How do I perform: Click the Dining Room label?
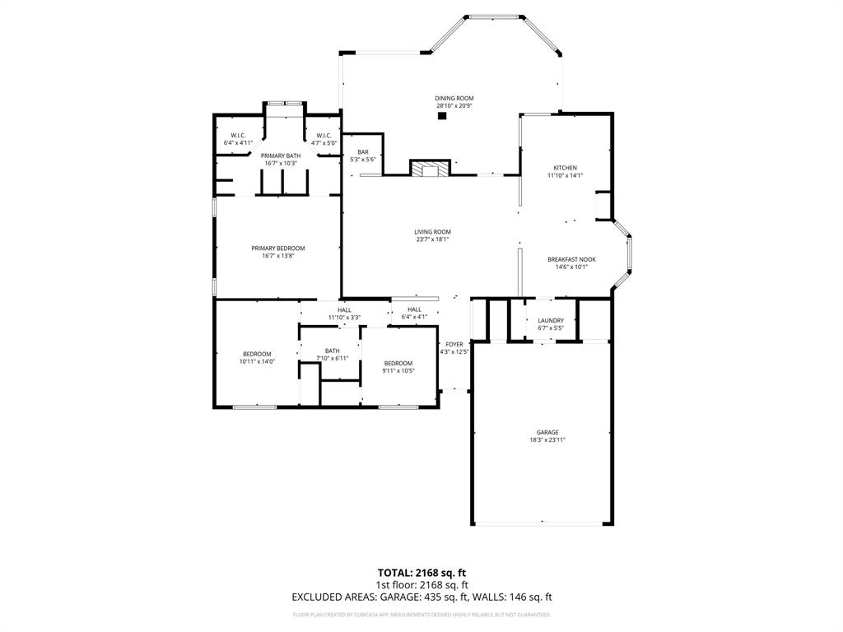pyautogui.click(x=454, y=99)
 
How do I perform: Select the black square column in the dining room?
pyautogui.click(x=442, y=116)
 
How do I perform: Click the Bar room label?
pyautogui.click(x=362, y=151)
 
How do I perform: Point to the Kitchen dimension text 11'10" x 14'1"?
pyautogui.click(x=566, y=175)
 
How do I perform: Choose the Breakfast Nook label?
pyautogui.click(x=571, y=259)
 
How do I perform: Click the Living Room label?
pyautogui.click(x=432, y=232)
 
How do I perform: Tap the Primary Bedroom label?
pyautogui.click(x=278, y=249)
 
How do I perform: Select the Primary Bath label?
pyautogui.click(x=281, y=156)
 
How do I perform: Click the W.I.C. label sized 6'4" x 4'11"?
pyautogui.click(x=238, y=136)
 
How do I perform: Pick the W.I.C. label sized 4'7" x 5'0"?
pyautogui.click(x=324, y=136)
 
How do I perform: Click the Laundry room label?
pyautogui.click(x=551, y=320)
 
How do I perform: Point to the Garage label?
pyautogui.click(x=547, y=432)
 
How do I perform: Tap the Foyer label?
pyautogui.click(x=454, y=344)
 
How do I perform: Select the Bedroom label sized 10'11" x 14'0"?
pyautogui.click(x=257, y=354)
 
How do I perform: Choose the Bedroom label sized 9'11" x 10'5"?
pyautogui.click(x=398, y=363)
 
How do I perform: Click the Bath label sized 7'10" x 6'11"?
pyautogui.click(x=333, y=351)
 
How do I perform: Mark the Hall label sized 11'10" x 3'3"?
pyautogui.click(x=344, y=309)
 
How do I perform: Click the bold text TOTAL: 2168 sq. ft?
pyautogui.click(x=421, y=573)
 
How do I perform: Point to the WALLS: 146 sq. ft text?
pyautogui.click(x=518, y=597)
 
